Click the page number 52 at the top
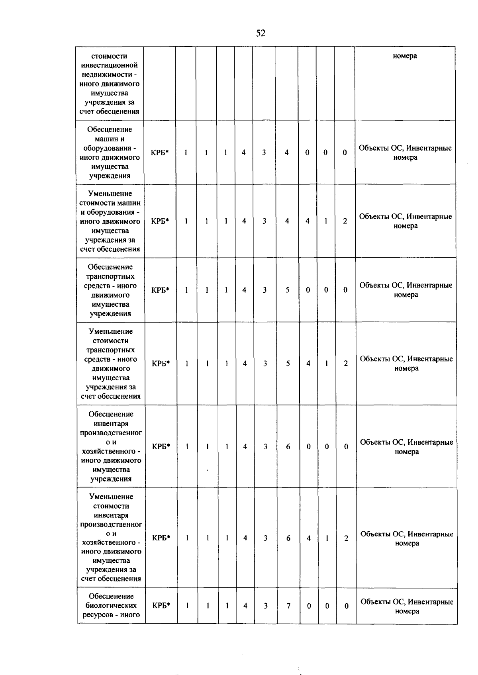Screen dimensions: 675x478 pyautogui.click(x=261, y=33)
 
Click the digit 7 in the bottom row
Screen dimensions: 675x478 pyautogui.click(x=288, y=606)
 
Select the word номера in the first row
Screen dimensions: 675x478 pyautogui.click(x=405, y=56)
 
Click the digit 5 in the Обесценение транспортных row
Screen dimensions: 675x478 pyautogui.click(x=288, y=290)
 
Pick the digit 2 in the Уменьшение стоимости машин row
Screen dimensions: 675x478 pyautogui.click(x=345, y=221)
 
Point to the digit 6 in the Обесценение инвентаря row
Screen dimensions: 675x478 pyautogui.click(x=288, y=446)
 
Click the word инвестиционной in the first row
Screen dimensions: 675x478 pyautogui.click(x=109, y=65)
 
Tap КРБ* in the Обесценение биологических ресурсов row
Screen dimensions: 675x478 pyautogui.click(x=161, y=606)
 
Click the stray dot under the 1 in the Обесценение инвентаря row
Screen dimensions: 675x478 pyautogui.click(x=207, y=470)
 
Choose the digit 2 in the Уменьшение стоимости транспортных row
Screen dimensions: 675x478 pyautogui.click(x=346, y=363)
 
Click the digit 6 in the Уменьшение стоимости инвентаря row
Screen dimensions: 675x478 pyautogui.click(x=288, y=538)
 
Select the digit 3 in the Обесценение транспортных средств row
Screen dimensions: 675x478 pyautogui.click(x=264, y=290)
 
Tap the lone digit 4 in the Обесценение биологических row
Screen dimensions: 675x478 pyautogui.click(x=245, y=606)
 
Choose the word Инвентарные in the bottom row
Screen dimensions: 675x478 pyautogui.click(x=431, y=602)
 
